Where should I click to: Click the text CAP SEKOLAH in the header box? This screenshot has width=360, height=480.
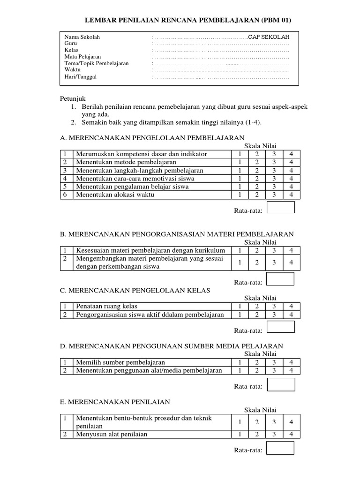point(269,37)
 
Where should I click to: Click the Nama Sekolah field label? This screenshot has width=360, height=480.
point(82,37)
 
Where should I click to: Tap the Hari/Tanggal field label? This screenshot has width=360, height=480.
point(81,77)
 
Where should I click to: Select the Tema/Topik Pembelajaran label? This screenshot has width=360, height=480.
point(97,63)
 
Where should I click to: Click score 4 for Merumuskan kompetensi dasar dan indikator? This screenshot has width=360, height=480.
point(291,154)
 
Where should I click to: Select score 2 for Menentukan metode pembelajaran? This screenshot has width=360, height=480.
point(256,162)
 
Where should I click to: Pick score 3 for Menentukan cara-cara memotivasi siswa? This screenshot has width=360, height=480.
point(274,179)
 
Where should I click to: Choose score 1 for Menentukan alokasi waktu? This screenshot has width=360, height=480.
point(240,195)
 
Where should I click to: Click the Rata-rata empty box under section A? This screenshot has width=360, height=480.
point(280,207)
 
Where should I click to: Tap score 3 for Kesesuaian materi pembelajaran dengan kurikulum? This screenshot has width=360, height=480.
point(274,251)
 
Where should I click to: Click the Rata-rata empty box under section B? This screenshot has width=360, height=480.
point(280,279)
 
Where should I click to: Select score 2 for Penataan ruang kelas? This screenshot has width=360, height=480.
point(256,307)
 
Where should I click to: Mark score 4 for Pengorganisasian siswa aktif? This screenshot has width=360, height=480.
point(291,315)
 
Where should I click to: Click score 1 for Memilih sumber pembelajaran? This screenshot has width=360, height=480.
point(240,362)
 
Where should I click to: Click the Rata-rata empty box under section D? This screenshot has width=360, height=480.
point(280,384)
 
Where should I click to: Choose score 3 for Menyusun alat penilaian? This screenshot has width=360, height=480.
point(274,434)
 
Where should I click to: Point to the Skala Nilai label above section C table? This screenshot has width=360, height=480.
point(260,298)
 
